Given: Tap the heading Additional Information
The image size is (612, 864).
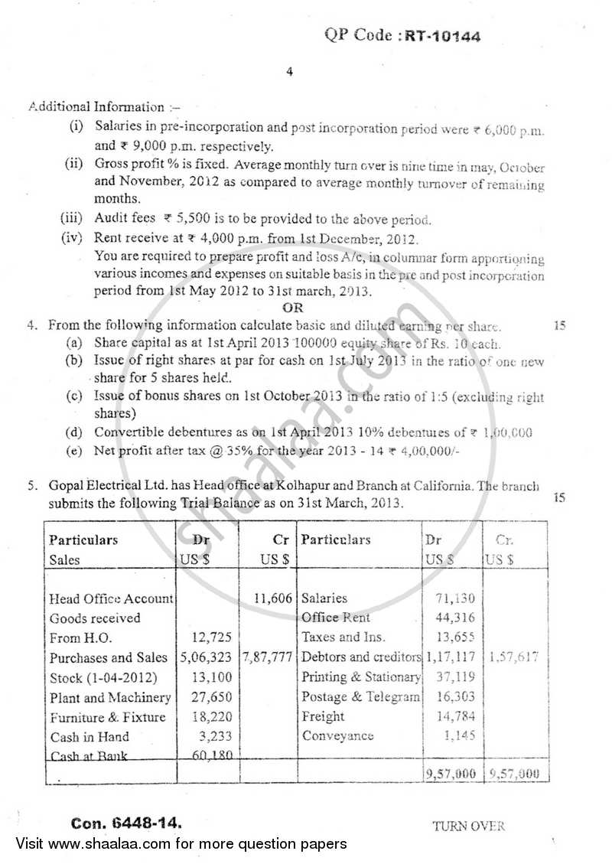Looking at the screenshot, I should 96,107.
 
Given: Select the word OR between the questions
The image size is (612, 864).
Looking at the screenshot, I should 293,308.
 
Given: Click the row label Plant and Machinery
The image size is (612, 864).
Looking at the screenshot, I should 110,697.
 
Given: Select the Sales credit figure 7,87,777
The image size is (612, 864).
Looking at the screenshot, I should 267,657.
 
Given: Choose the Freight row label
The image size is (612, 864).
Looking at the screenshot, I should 323,717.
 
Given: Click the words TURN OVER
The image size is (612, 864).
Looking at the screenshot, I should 468,826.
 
